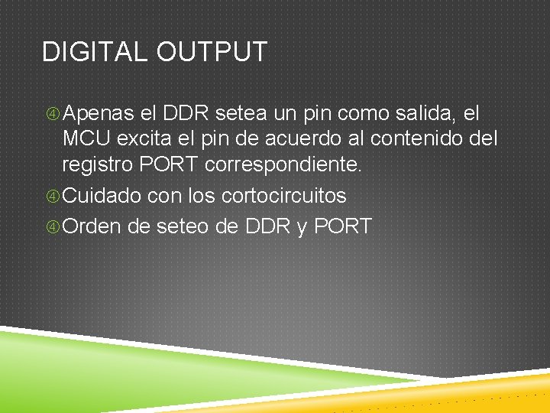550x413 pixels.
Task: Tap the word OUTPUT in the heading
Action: tap(212, 52)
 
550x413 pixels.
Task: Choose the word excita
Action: tap(152, 140)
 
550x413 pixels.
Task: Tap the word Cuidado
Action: tap(102, 196)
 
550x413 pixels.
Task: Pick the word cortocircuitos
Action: tap(283, 196)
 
